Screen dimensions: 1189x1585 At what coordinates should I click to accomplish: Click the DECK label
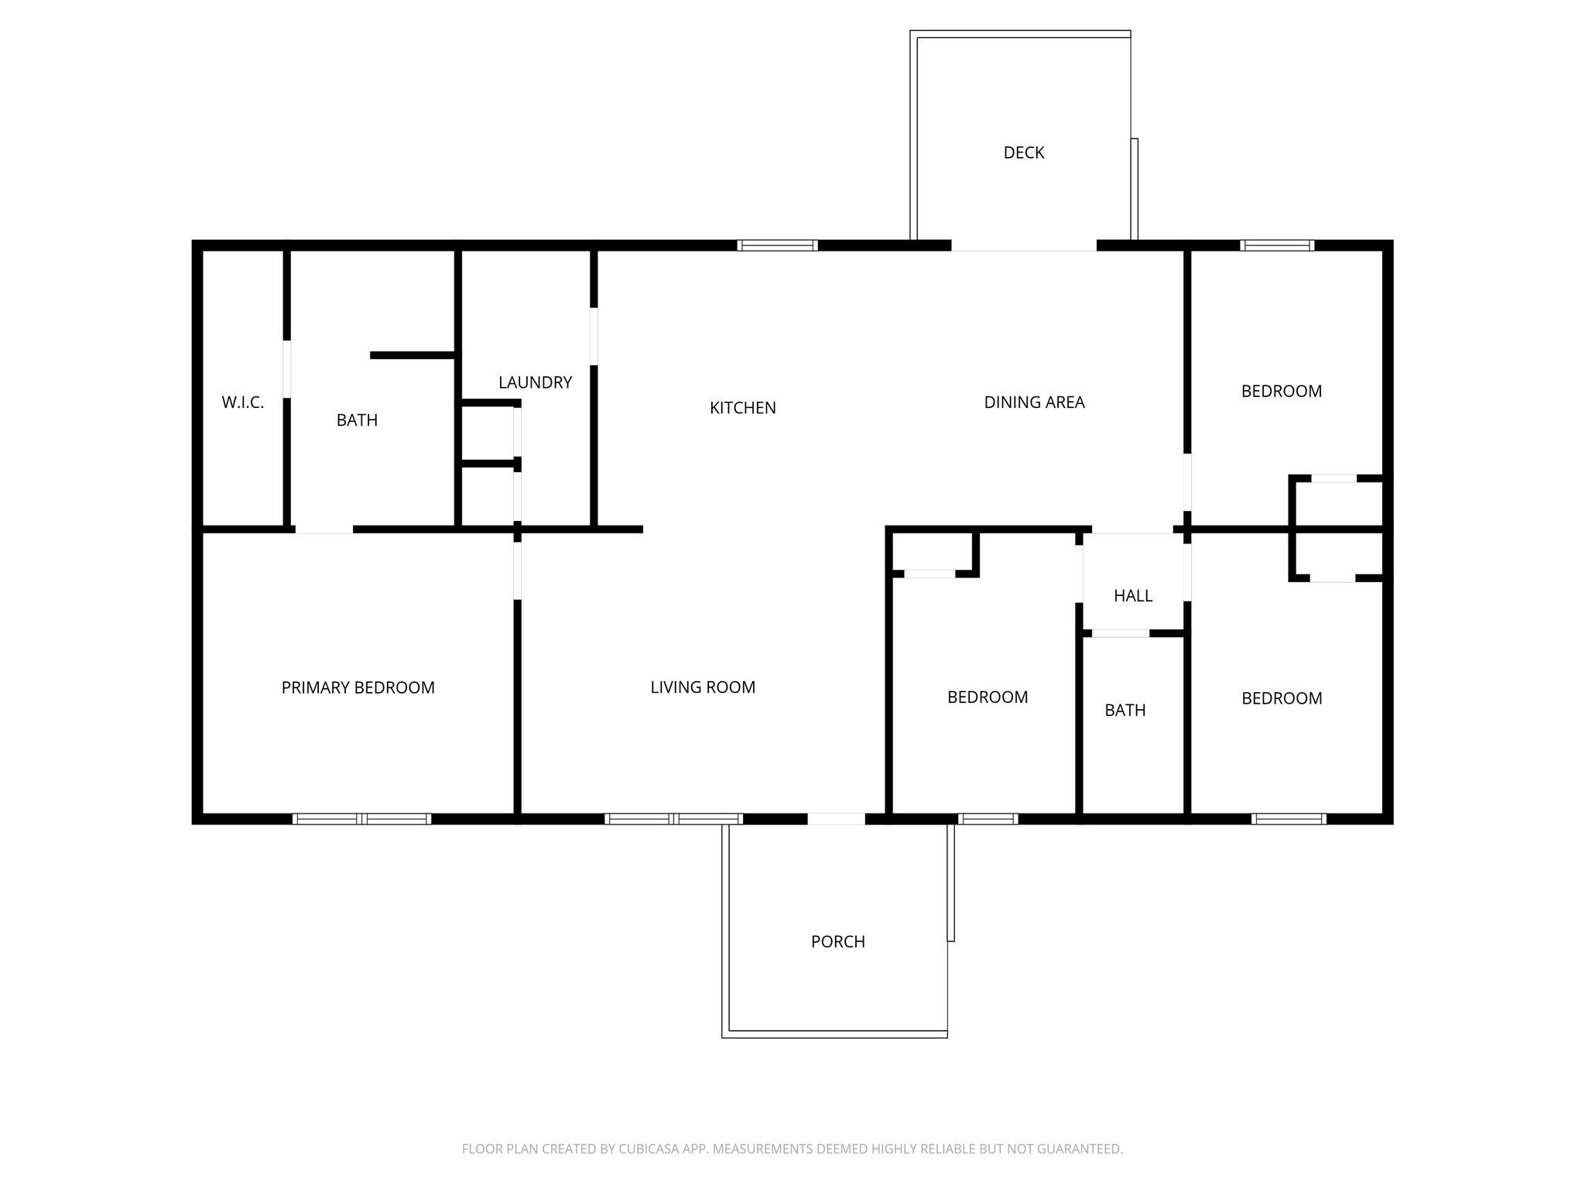click(1023, 153)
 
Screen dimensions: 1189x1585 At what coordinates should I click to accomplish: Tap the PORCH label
click(837, 942)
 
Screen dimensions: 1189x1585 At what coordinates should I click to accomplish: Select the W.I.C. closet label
click(242, 403)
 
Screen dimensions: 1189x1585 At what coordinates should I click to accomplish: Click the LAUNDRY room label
click(535, 382)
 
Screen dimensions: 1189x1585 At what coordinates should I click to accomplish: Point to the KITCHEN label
click(742, 408)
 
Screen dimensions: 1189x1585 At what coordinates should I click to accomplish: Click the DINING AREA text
click(1034, 403)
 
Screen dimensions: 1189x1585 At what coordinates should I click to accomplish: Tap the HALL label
click(1132, 596)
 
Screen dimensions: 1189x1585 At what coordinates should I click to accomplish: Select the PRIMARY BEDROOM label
click(358, 687)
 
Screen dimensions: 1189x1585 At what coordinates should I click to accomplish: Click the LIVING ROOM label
click(702, 687)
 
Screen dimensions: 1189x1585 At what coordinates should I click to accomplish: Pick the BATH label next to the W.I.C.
click(357, 420)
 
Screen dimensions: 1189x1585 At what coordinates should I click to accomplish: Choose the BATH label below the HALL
click(1125, 711)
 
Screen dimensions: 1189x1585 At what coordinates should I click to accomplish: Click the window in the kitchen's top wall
click(777, 245)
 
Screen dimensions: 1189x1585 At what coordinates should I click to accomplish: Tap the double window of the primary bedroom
click(361, 819)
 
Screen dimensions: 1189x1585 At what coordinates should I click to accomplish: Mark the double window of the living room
click(673, 819)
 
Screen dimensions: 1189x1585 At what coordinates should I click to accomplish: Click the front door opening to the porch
click(836, 819)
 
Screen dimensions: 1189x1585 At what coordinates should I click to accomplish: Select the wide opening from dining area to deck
click(1023, 246)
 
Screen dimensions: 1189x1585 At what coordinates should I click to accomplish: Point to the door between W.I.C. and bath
click(286, 368)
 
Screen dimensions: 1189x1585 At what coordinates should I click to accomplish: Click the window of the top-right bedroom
click(1276, 245)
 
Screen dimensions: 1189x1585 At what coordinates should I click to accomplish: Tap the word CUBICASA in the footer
click(648, 1149)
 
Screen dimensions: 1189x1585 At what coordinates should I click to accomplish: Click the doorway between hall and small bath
click(1120, 633)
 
